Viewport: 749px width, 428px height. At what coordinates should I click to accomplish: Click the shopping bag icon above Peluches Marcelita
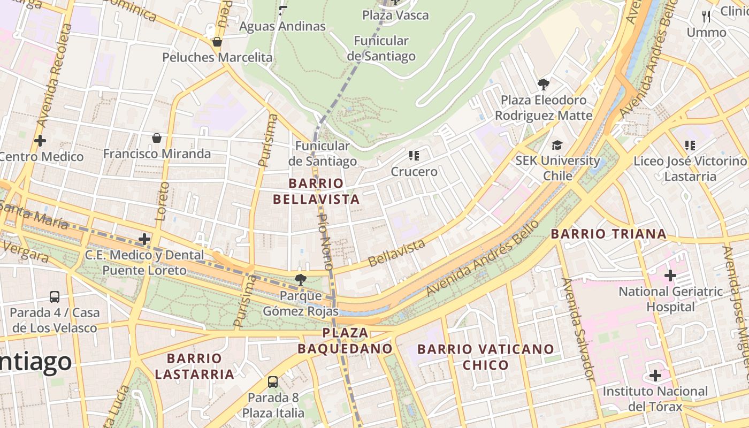click(217, 42)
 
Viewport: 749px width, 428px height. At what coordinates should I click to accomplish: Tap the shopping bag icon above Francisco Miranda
click(157, 138)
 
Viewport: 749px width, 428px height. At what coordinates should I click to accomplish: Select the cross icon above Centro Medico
click(40, 141)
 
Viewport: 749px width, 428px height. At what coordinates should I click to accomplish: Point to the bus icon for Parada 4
click(55, 297)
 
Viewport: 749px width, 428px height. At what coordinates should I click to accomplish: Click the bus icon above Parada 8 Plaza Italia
click(273, 382)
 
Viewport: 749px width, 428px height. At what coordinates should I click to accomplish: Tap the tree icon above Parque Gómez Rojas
click(301, 279)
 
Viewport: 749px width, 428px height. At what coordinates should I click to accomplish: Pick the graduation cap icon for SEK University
click(557, 145)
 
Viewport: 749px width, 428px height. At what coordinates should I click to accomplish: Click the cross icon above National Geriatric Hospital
click(670, 276)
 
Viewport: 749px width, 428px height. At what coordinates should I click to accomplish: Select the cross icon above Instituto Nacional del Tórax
click(655, 376)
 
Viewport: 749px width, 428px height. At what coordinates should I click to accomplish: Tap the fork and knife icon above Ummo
click(706, 17)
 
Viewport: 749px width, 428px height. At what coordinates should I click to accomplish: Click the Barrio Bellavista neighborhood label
click(316, 192)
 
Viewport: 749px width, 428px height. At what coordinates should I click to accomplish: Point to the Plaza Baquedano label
click(345, 341)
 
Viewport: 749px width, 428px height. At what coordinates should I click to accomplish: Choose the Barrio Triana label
click(609, 234)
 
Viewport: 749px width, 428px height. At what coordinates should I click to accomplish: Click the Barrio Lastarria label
click(194, 366)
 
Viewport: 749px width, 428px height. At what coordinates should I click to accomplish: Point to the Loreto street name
click(162, 201)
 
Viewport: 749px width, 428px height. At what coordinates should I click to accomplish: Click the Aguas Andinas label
click(282, 26)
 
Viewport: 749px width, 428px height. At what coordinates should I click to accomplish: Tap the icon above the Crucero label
click(414, 156)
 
